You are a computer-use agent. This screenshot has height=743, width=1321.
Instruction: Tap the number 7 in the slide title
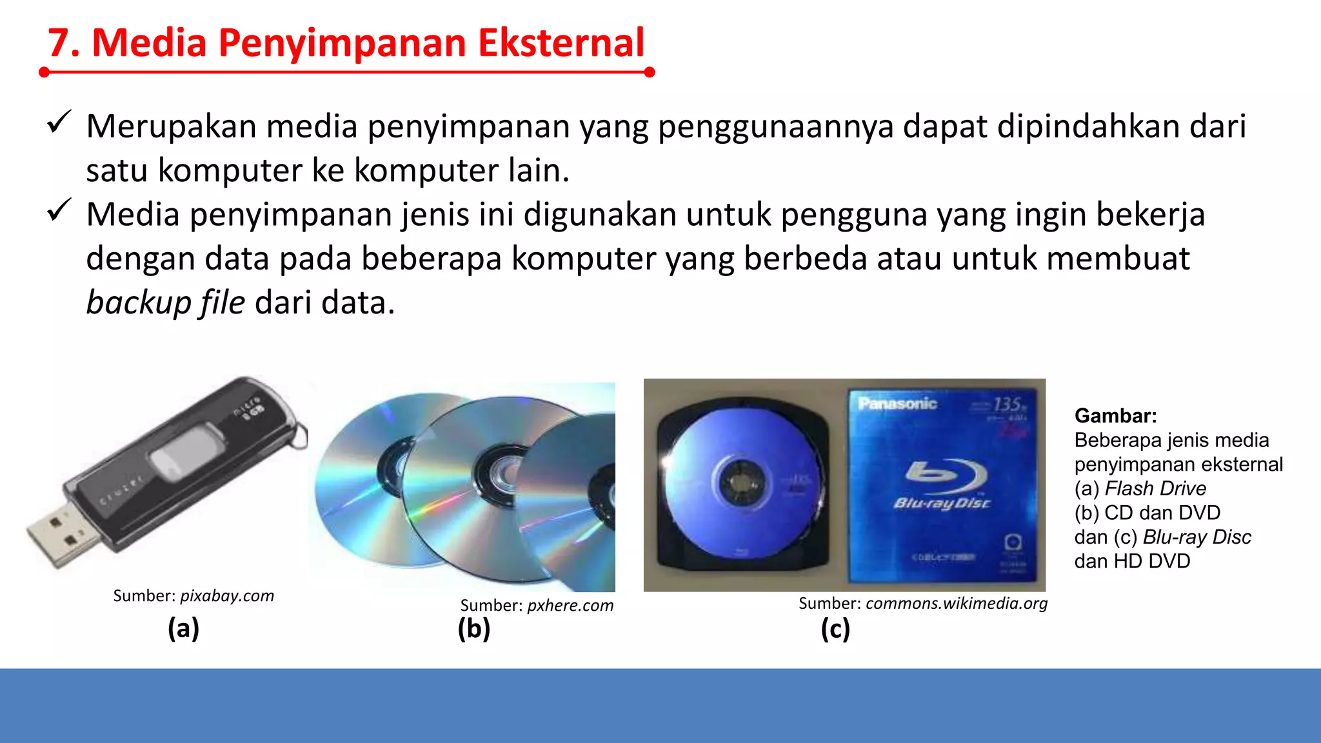point(59,44)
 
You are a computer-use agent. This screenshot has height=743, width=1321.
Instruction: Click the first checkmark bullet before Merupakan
point(59,122)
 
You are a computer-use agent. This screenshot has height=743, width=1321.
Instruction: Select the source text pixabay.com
point(227,595)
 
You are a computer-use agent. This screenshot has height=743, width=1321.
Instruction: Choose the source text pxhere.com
point(570,606)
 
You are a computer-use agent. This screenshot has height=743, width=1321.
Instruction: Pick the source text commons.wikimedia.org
point(957,603)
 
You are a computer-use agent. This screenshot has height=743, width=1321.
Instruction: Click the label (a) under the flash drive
point(183,628)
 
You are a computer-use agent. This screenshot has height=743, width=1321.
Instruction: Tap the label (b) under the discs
point(474,629)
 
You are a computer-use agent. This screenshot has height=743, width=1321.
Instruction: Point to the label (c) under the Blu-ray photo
point(835,629)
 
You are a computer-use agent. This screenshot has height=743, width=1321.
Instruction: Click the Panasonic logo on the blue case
point(897,404)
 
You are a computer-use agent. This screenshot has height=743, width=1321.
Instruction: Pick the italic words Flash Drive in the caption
point(1155,488)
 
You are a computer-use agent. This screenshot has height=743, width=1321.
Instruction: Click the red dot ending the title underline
point(650,72)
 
